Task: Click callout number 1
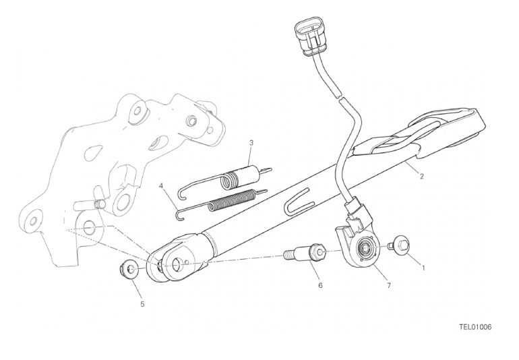(423, 268)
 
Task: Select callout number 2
(421, 176)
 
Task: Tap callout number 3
(251, 143)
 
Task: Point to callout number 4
(161, 186)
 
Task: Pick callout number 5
(142, 304)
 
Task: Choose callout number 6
(320, 285)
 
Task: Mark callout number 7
(389, 285)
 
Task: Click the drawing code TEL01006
(475, 327)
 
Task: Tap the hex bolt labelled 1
(400, 246)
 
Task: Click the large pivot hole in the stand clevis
(178, 264)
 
